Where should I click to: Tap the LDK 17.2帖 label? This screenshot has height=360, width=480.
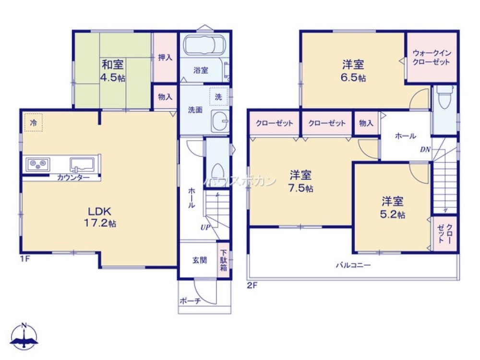pyautogui.click(x=99, y=217)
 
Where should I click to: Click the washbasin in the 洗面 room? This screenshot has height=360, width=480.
pyautogui.click(x=220, y=120)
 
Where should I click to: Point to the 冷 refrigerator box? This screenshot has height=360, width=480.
pyautogui.click(x=34, y=122)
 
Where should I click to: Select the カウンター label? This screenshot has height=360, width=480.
pyautogui.click(x=73, y=178)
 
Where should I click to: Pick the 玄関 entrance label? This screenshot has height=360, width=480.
pyautogui.click(x=200, y=260)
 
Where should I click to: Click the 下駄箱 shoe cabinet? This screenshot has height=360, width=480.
pyautogui.click(x=223, y=259)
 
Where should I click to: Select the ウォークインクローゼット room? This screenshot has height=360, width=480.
pyautogui.click(x=431, y=58)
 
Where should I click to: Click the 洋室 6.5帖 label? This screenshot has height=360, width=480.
pyautogui.click(x=353, y=71)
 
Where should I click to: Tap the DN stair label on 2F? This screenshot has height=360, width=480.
pyautogui.click(x=425, y=149)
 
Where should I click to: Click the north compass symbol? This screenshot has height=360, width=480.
pyautogui.click(x=24, y=337)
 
